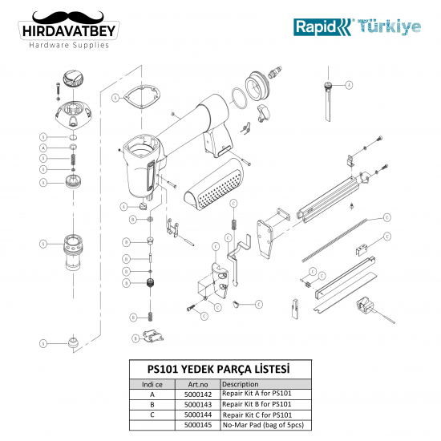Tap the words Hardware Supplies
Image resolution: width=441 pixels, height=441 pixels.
(x=68, y=46)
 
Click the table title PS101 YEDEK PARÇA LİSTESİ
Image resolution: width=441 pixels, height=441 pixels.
(x=219, y=370)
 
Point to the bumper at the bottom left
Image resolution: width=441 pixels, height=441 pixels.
(x=73, y=343)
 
